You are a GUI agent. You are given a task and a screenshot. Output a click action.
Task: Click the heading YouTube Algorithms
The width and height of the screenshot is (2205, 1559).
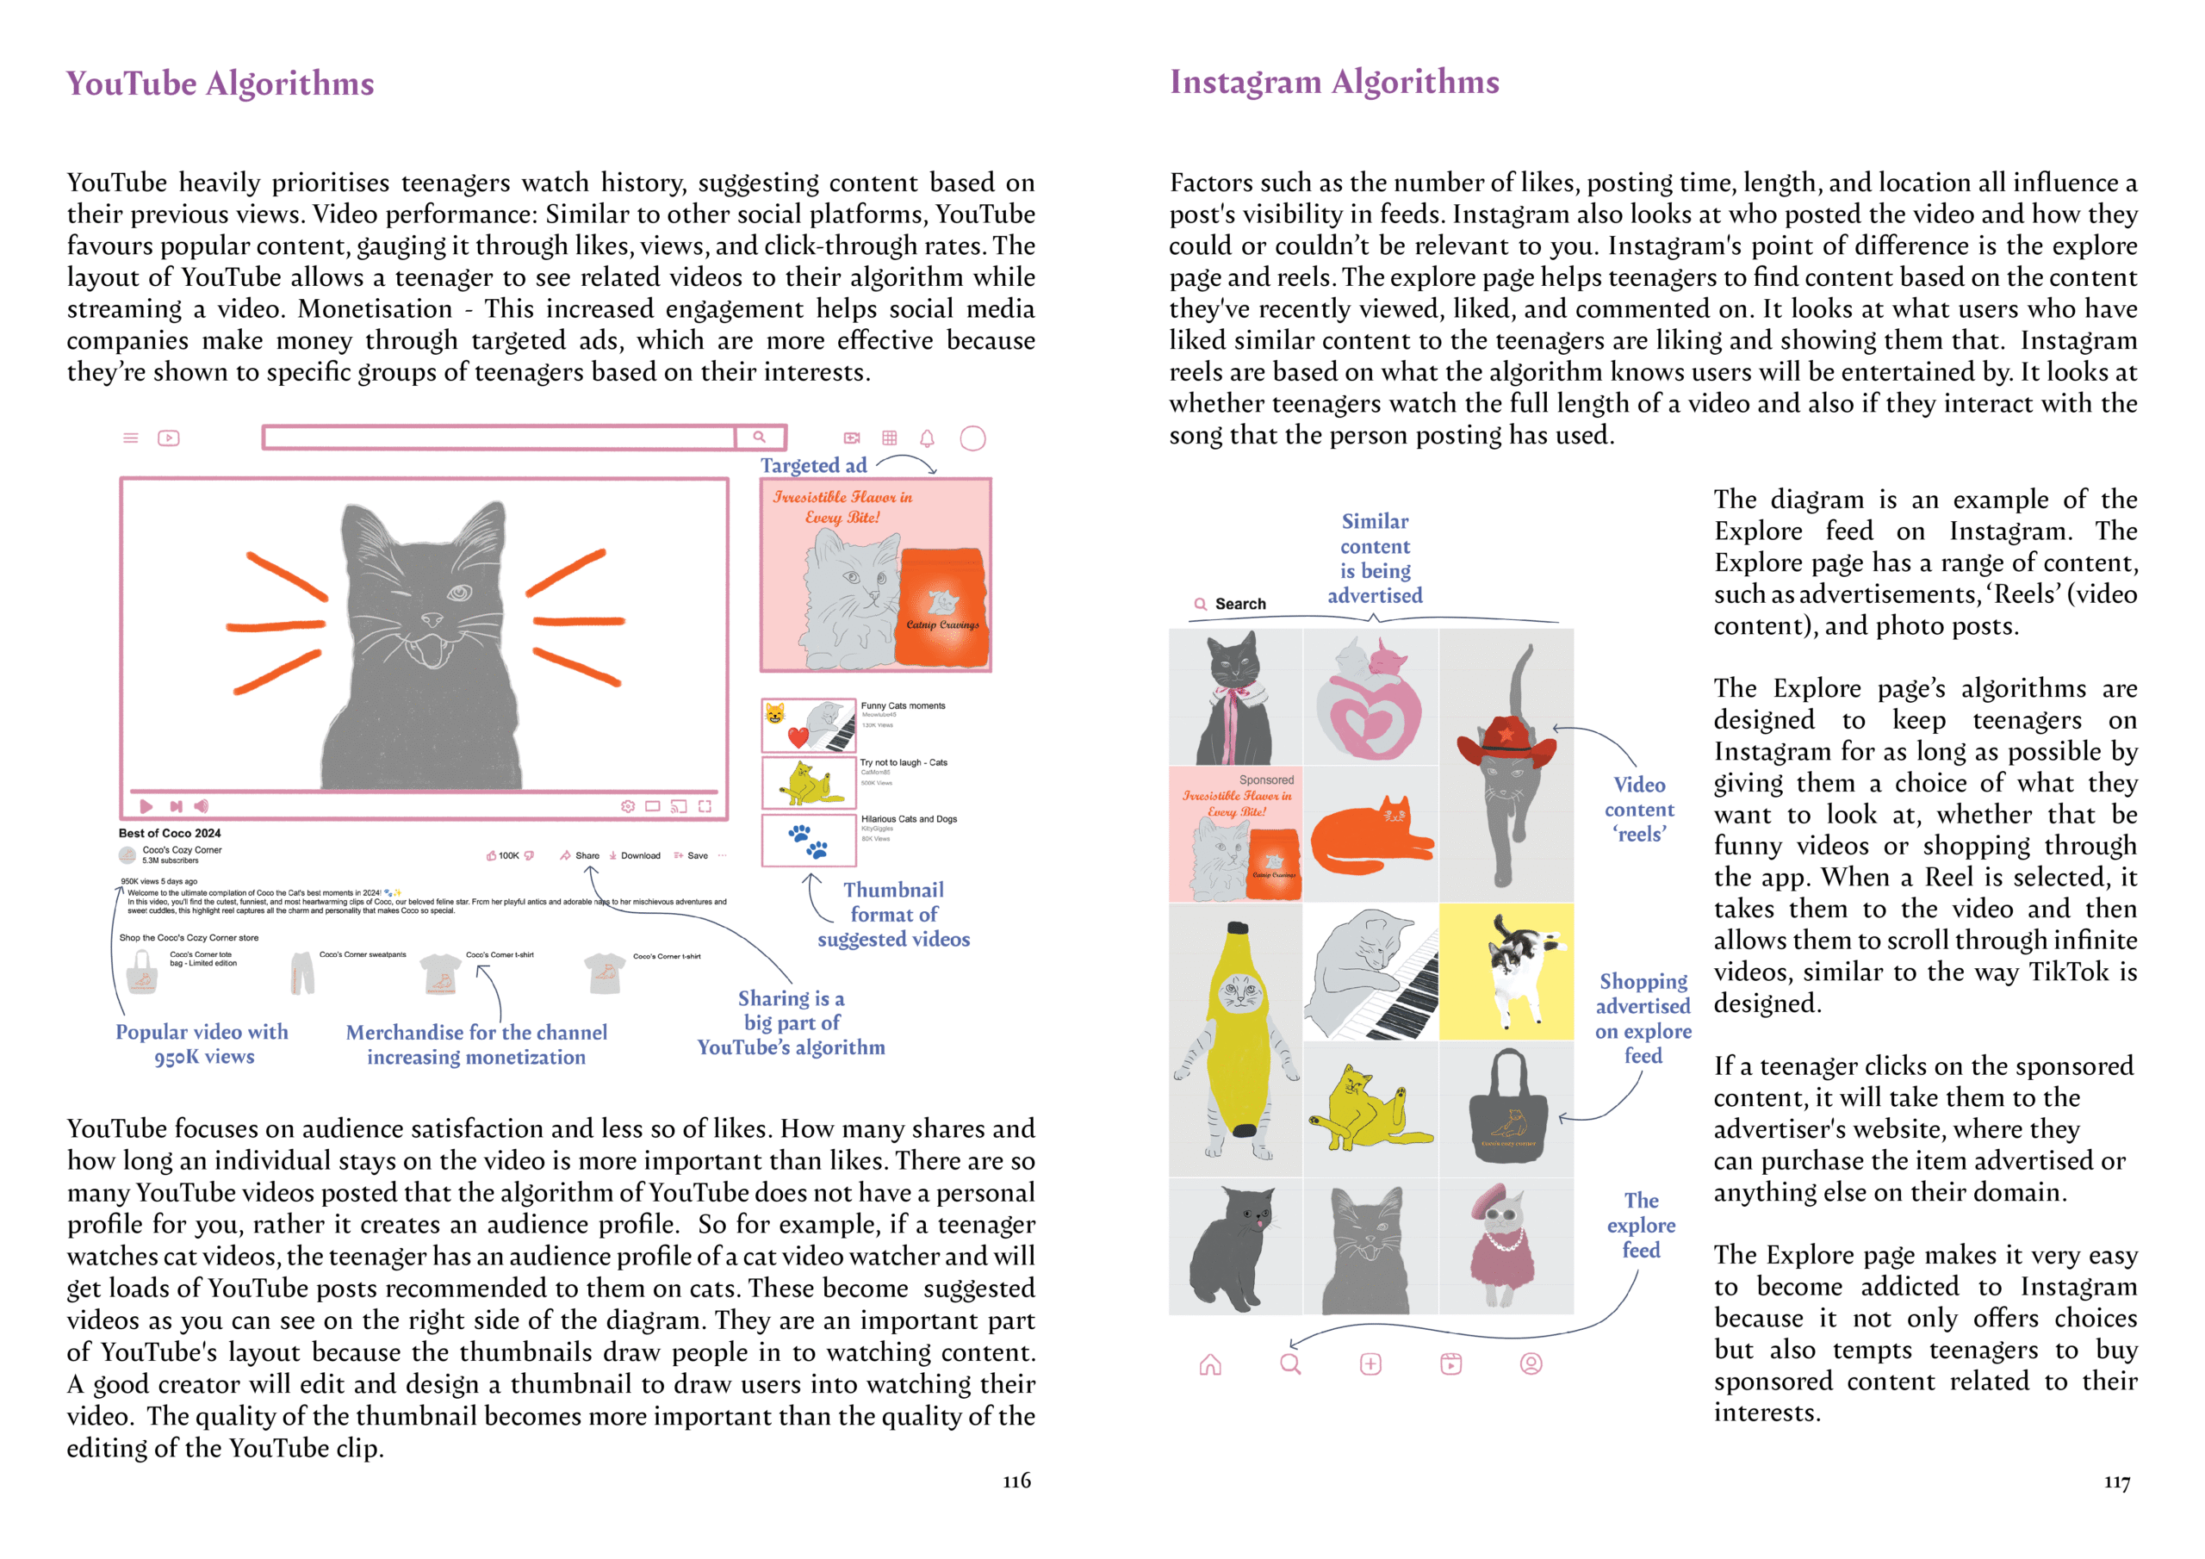220,84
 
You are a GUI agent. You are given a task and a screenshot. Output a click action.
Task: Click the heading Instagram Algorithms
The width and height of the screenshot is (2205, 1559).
1334,83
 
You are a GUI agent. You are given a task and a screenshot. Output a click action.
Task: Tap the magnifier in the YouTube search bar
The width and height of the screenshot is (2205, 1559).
759,437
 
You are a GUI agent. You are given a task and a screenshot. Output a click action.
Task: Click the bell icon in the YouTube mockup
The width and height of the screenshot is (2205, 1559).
927,439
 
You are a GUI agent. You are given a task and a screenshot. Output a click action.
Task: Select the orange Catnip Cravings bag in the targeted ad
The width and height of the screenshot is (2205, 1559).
942,606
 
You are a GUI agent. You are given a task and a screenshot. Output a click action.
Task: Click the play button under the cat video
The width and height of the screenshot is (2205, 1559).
146,806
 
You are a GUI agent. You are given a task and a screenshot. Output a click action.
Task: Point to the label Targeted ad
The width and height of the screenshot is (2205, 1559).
813,466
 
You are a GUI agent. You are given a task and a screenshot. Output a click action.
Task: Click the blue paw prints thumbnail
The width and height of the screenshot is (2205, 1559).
808,840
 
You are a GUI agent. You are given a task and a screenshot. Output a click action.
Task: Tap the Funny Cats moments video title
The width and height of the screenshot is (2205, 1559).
903,706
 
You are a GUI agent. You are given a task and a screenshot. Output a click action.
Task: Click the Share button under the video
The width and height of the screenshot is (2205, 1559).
581,855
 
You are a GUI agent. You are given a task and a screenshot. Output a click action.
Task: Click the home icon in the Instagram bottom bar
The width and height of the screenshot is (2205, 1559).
1210,1364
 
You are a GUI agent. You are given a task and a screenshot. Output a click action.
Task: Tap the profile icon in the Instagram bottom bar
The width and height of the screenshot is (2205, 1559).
1531,1364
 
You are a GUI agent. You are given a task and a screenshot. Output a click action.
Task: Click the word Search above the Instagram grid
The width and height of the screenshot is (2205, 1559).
1239,604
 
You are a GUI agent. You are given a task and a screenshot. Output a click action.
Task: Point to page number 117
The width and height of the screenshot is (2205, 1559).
2116,1482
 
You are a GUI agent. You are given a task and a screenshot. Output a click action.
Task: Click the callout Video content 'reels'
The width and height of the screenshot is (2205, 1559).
1639,810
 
